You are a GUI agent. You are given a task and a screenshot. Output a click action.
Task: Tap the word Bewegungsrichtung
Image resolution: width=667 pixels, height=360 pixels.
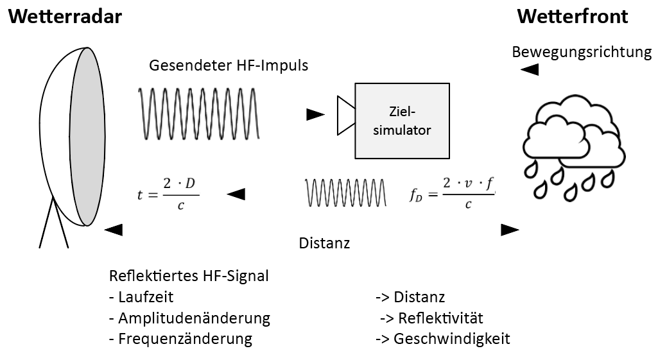tap(582, 52)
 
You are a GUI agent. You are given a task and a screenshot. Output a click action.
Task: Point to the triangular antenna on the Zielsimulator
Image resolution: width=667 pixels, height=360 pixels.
tap(346, 116)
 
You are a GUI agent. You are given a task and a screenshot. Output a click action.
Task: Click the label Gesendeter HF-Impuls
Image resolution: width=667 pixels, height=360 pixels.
tap(229, 65)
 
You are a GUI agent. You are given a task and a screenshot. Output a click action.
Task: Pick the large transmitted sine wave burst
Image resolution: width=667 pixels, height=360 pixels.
tap(199, 114)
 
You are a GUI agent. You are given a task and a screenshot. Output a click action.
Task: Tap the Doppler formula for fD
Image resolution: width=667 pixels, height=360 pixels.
tap(453, 193)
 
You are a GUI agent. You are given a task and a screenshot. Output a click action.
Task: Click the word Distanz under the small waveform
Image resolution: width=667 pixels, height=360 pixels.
tap(324, 243)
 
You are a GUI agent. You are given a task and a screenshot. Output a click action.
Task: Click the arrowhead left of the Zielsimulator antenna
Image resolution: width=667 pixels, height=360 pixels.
tap(315, 115)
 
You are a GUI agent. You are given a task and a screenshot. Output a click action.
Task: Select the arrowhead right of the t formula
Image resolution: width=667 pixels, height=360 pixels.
tap(236, 194)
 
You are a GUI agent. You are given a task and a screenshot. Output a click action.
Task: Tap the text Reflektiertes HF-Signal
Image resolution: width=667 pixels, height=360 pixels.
tap(189, 277)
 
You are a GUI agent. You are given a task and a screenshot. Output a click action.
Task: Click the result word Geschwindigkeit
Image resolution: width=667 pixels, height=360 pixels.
tap(451, 339)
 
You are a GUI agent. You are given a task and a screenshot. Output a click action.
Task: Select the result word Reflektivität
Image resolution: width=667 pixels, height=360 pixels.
tap(440, 318)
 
